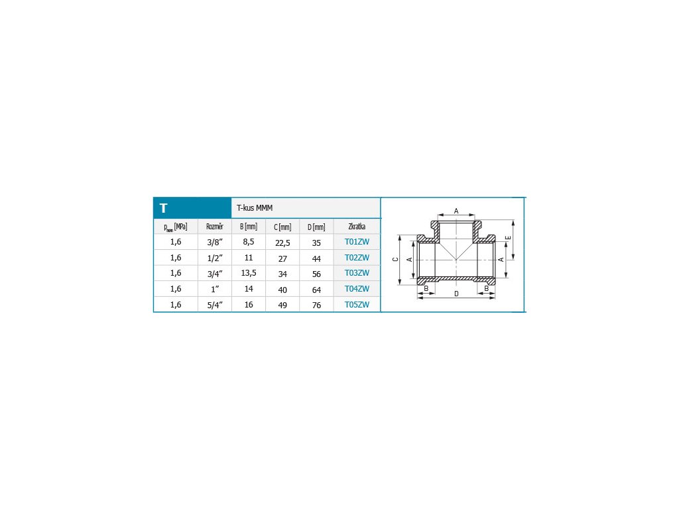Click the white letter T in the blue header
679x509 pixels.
[x=163, y=208]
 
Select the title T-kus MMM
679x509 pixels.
[x=255, y=207]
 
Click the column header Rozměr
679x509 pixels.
[x=215, y=227]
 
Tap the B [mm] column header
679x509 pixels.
[x=249, y=227]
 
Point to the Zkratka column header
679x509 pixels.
[x=357, y=227]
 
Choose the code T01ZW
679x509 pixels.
[x=357, y=241]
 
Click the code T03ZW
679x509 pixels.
[x=357, y=272]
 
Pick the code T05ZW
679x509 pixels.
[x=357, y=304]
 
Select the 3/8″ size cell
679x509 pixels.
[x=215, y=242]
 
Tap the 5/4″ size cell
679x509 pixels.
[x=215, y=305]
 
